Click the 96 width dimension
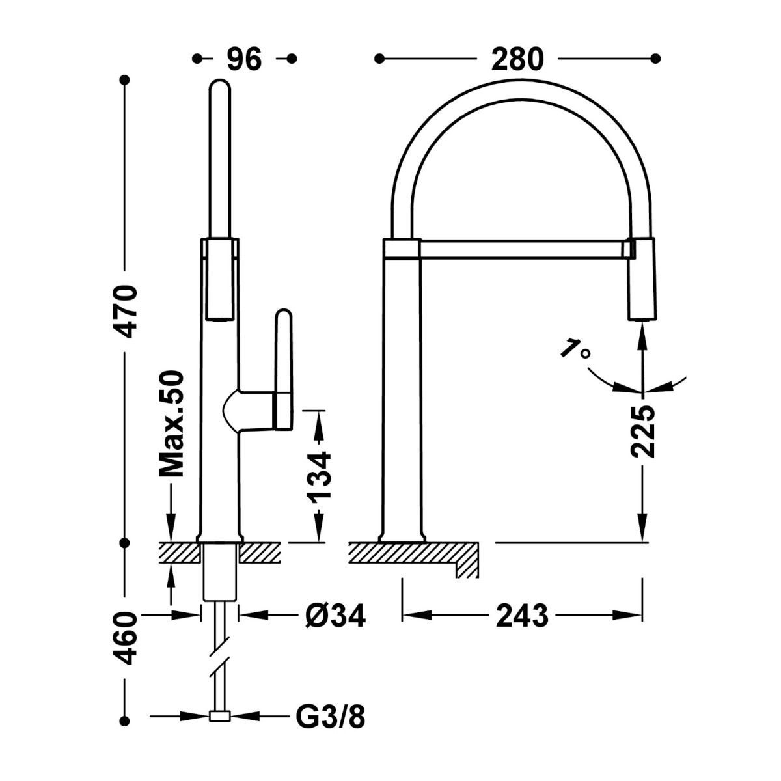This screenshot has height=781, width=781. coord(244,59)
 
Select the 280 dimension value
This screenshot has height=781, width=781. coord(517,59)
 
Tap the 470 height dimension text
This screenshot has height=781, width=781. coord(125,311)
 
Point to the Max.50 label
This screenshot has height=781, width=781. coord(171,424)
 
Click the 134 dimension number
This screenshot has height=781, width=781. coord(319,477)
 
